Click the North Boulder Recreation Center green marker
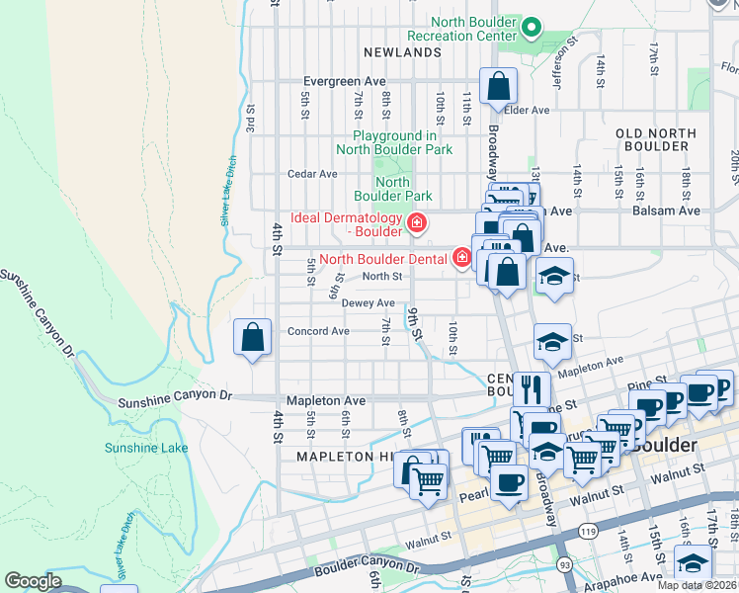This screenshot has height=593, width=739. point(532,28)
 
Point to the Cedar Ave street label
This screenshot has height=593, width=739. point(312,174)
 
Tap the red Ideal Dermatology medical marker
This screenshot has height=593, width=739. point(417,224)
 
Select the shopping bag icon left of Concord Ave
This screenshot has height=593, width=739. point(253,337)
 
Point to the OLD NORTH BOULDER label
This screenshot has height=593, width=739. point(651,139)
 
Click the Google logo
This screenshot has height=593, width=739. point(33,581)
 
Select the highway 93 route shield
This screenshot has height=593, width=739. point(563,564)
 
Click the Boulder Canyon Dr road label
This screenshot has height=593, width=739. point(366,566)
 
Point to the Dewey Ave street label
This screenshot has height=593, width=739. point(369,303)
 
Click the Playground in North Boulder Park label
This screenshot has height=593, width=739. point(395,142)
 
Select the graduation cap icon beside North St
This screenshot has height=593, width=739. point(554,277)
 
